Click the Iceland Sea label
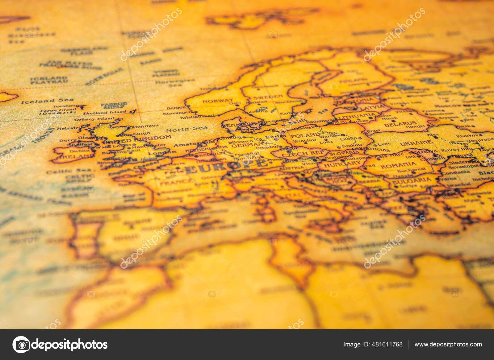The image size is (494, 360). (47, 101)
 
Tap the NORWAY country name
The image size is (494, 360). (218, 101)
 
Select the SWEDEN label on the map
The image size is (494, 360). (268, 97)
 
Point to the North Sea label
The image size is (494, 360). (186, 129)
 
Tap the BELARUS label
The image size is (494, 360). (400, 124)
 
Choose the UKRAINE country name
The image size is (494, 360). (416, 143)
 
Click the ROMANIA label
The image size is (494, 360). (398, 166)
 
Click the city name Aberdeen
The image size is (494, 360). (145, 126)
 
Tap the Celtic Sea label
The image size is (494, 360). (69, 171)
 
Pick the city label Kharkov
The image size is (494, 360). (467, 135)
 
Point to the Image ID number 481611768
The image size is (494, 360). (373, 344)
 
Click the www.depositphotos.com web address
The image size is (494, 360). (448, 344)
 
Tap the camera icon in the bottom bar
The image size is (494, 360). (21, 345)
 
